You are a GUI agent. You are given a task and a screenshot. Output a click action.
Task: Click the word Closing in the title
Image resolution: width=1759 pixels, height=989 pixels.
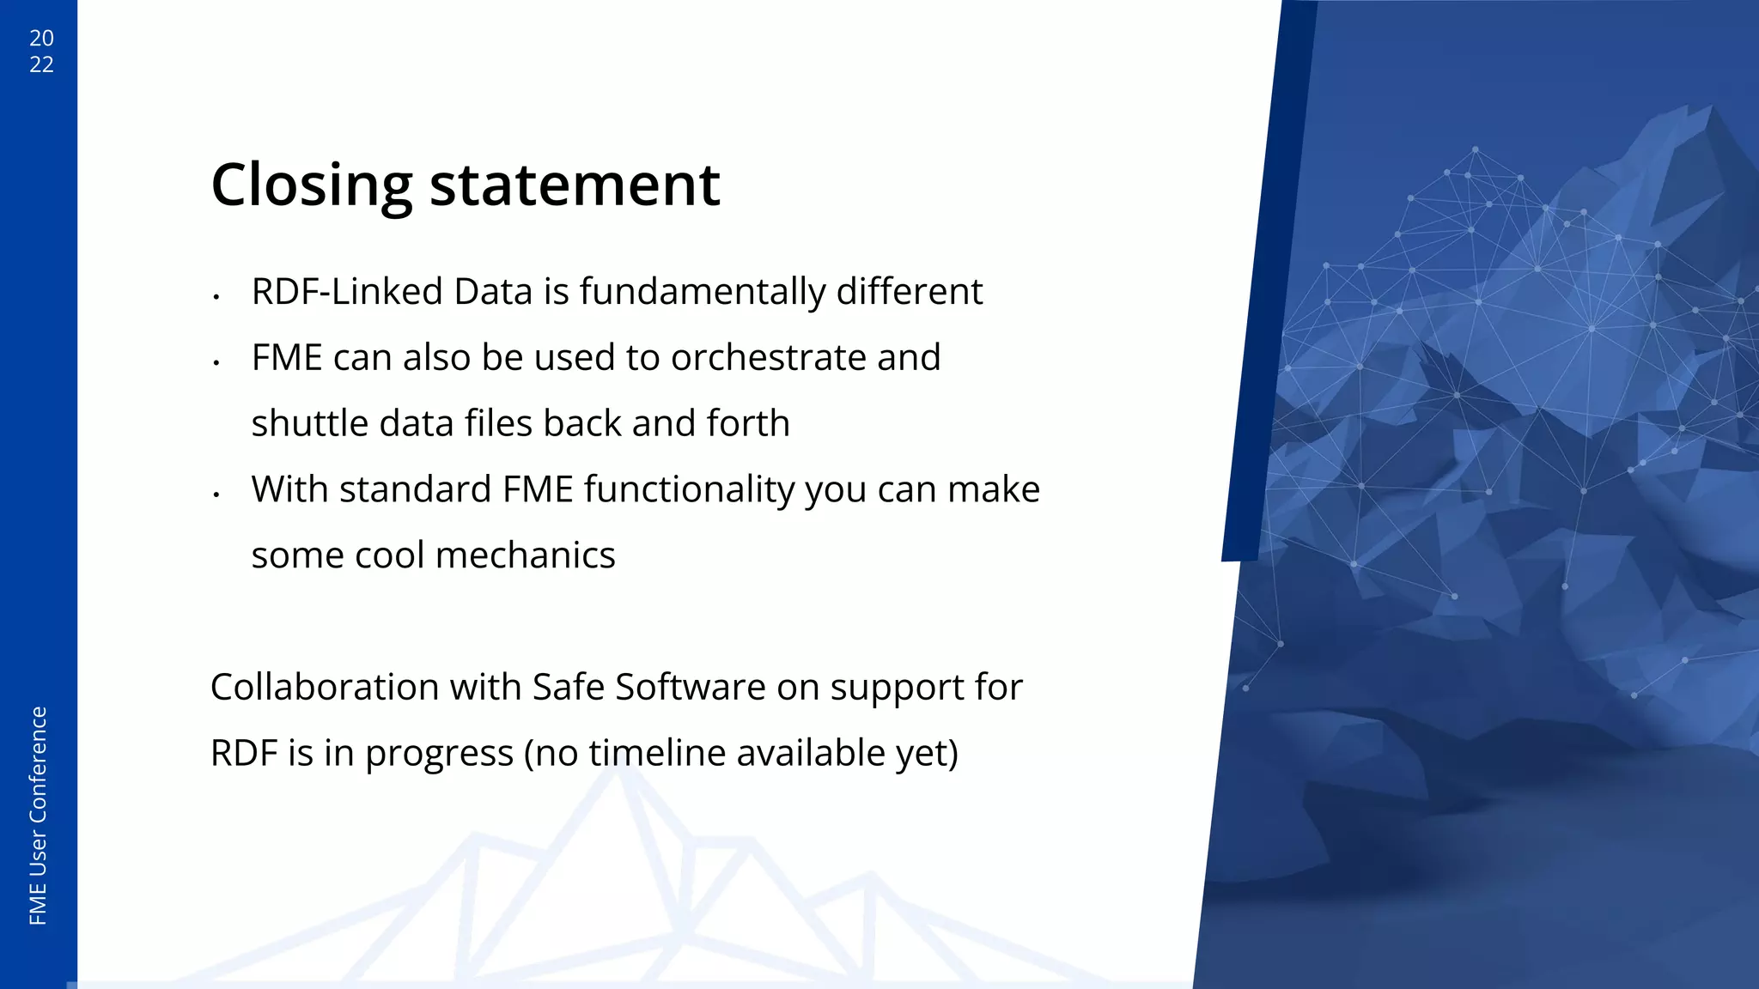[x=311, y=185]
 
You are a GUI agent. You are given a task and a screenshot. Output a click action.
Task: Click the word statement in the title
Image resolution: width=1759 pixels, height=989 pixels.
[x=574, y=185]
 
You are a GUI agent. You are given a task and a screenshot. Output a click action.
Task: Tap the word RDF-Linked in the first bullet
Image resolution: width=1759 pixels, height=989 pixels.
[x=346, y=292]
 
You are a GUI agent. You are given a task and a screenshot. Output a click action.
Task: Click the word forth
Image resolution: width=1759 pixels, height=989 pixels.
[x=747, y=424]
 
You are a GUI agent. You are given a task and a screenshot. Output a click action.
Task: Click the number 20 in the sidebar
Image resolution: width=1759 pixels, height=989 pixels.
[x=41, y=39]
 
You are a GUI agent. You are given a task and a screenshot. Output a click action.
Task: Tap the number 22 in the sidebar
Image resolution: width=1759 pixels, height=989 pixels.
[x=41, y=65]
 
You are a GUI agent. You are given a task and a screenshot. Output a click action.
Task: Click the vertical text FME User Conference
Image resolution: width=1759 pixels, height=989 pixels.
[x=39, y=816]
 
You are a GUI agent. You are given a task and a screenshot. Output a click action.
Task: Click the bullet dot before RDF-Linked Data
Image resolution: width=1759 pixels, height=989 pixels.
[x=217, y=297]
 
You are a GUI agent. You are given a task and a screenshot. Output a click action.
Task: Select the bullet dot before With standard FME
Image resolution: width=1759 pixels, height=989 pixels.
[x=217, y=494]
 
